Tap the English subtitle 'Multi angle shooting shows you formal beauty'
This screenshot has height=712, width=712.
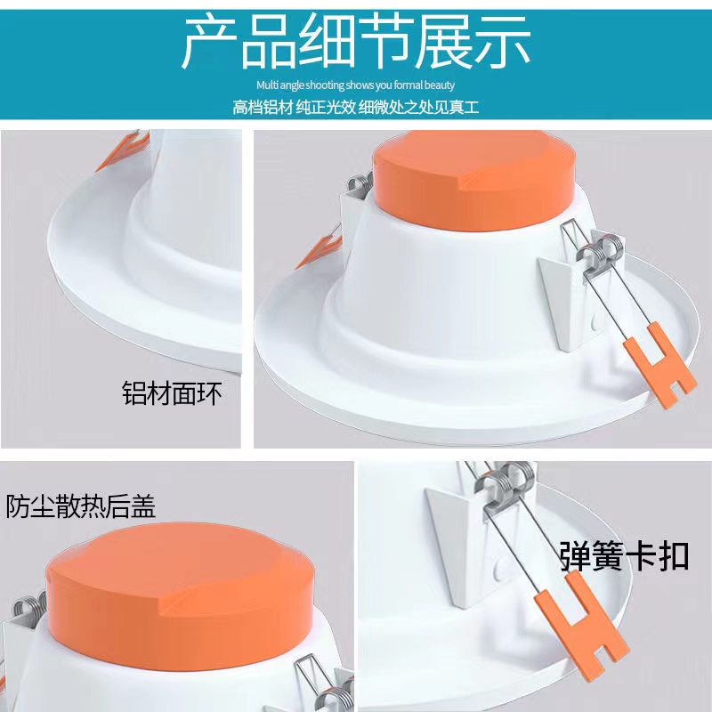(355, 85)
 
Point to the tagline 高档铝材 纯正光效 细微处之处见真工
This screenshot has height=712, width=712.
(355, 107)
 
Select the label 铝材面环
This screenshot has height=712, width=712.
(172, 392)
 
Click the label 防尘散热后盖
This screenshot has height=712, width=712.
(80, 506)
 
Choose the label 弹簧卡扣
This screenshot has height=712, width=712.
(625, 555)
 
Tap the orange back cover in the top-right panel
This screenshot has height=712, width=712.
(473, 180)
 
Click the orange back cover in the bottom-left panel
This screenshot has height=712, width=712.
(180, 595)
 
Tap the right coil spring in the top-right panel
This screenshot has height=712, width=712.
(600, 255)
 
